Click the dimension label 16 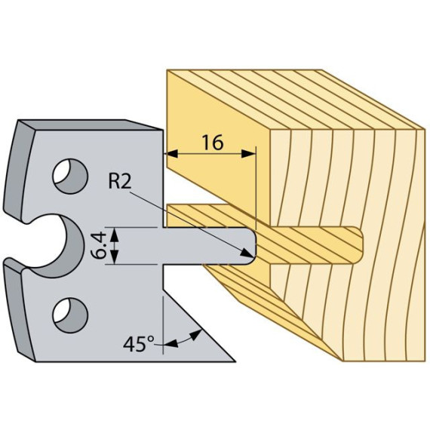coord(213,143)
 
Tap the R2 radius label coord(120,181)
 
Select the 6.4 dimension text coord(99,246)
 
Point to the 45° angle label coord(139,344)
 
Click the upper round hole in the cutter coord(70,176)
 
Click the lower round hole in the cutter coord(70,315)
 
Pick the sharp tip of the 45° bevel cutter coord(235,361)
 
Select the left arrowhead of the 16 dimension coord(172,154)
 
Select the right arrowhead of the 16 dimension coord(248,154)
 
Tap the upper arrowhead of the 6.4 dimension coord(115,235)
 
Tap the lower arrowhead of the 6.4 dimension coord(115,256)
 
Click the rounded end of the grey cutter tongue coord(253,246)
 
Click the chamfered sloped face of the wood coord(272,310)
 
